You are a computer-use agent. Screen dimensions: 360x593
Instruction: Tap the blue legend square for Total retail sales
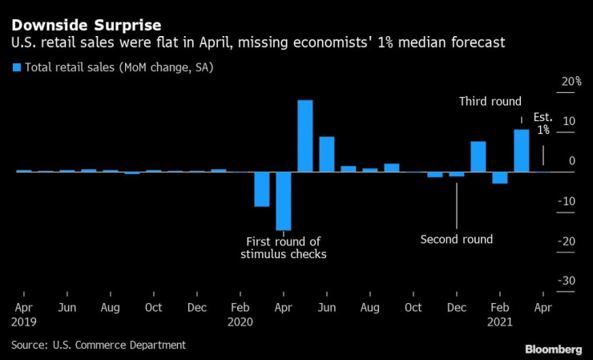16,67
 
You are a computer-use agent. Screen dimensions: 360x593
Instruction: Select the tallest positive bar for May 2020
305,136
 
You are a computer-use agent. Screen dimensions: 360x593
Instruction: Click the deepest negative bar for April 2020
283,200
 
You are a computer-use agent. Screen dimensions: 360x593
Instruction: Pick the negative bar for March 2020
261,189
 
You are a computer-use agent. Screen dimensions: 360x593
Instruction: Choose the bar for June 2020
326,154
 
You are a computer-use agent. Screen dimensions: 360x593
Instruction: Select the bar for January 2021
478,156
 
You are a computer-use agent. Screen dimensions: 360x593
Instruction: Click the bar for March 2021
521,151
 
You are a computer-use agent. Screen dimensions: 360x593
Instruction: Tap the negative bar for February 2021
499,177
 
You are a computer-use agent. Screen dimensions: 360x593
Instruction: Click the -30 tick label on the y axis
567,281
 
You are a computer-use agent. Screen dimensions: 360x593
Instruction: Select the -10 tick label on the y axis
567,201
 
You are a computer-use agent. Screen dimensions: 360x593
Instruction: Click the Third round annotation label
490,102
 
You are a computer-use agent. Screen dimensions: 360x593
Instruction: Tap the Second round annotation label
456,239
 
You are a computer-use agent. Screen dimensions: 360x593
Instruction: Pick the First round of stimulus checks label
284,248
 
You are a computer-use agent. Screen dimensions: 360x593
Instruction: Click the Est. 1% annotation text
543,123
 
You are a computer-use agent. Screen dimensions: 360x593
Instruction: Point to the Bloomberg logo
553,349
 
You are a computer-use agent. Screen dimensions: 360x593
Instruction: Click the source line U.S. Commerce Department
99,345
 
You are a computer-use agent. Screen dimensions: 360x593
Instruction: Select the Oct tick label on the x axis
153,308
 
